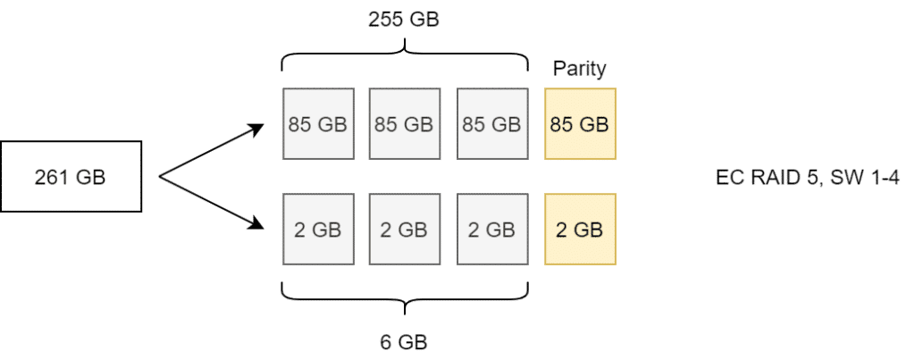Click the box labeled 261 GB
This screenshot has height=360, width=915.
(71, 176)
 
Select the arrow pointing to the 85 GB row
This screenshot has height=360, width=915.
(211, 150)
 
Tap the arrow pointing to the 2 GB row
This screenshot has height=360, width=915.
(211, 203)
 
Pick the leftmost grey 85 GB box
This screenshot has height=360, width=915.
(318, 123)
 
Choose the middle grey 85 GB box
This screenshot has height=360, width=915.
(405, 123)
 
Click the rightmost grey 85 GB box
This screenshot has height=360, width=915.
(492, 123)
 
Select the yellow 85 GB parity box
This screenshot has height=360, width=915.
(580, 123)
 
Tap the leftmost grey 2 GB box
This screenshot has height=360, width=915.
(318, 230)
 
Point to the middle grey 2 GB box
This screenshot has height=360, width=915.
(405, 230)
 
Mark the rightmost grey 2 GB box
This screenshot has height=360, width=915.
(492, 230)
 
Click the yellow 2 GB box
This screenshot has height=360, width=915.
(580, 230)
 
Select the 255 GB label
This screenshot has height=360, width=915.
(404, 20)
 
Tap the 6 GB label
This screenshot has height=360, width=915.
(404, 342)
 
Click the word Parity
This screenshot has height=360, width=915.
(579, 69)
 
